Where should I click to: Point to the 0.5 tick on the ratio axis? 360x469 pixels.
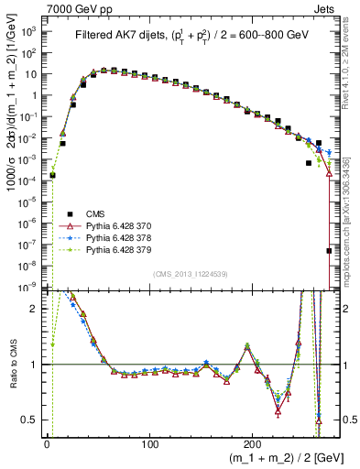pos(30,420)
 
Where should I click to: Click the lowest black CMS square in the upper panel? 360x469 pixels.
pos(329,250)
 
